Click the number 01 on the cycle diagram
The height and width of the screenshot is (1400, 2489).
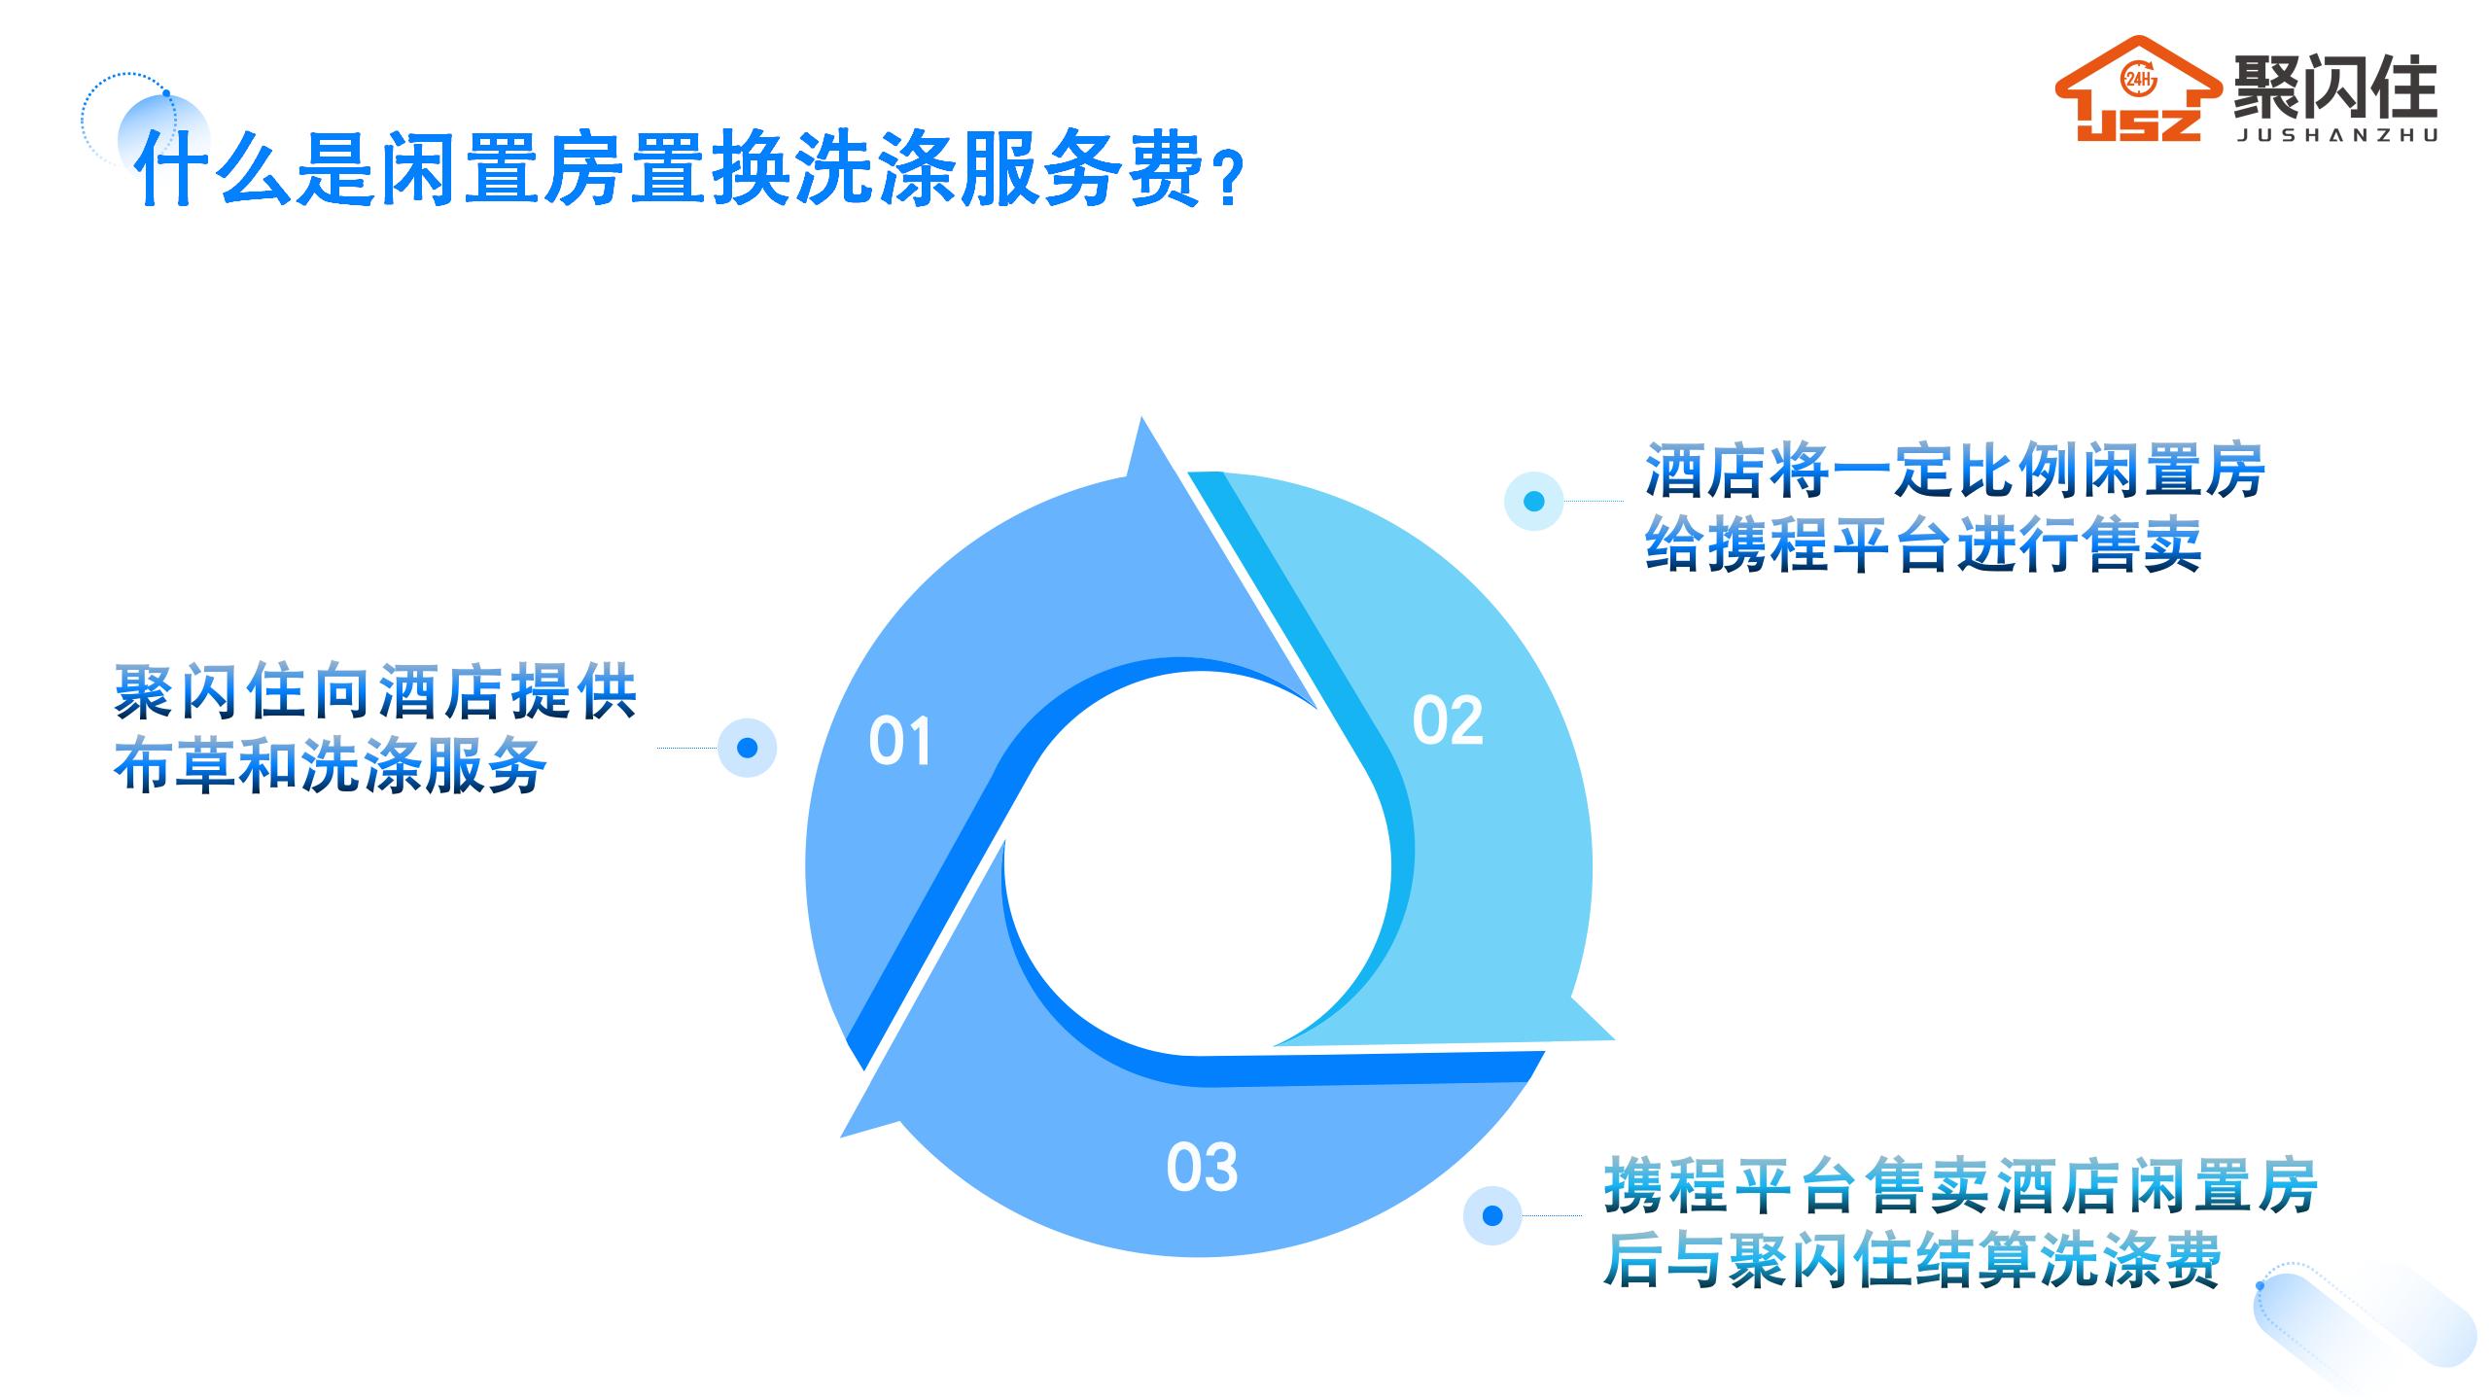click(x=899, y=742)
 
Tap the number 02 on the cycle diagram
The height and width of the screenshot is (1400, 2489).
click(x=1448, y=721)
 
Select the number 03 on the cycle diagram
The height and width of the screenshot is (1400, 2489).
click(x=1202, y=1168)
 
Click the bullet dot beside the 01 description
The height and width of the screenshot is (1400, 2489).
click(x=747, y=748)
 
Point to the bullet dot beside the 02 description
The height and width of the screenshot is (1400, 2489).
click(x=1533, y=502)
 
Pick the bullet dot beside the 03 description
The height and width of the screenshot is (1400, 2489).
click(x=1492, y=1215)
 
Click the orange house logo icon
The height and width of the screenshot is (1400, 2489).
click(x=2138, y=89)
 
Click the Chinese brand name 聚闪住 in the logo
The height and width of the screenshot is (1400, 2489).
click(x=2333, y=86)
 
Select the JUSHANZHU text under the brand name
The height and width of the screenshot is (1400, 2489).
click(x=2336, y=136)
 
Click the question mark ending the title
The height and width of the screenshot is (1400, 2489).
click(x=1229, y=178)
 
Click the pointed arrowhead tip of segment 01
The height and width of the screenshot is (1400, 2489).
click(x=1141, y=418)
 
